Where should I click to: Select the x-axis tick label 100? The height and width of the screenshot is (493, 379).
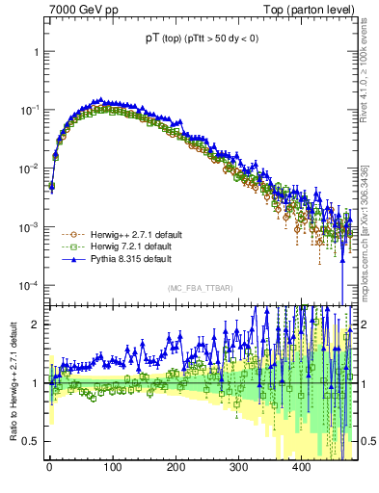tap(112, 467)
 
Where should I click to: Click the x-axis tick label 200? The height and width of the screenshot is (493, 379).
tap(175, 467)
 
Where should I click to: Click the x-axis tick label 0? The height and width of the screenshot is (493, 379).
tap(49, 467)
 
